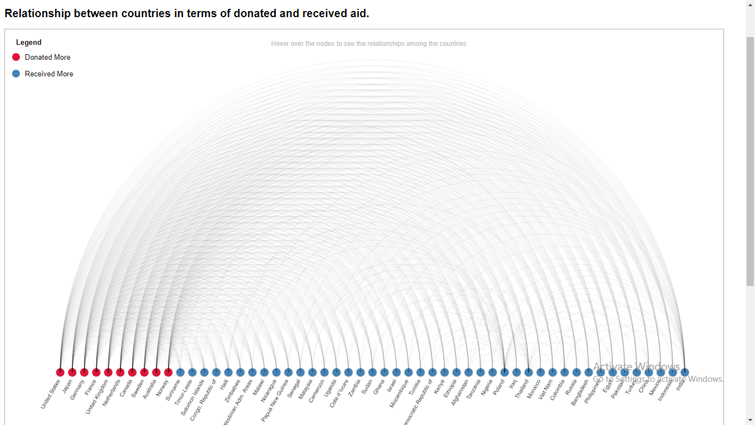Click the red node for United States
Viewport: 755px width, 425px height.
(60, 372)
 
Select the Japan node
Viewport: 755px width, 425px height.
(72, 372)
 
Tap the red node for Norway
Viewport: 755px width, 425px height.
(168, 372)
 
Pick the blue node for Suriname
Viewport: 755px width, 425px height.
(180, 372)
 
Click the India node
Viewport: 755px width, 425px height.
(685, 372)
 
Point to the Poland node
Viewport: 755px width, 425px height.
(505, 372)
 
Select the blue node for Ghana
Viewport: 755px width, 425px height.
(384, 372)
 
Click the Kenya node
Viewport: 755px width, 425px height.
(444, 372)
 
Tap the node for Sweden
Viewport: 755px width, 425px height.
(144, 372)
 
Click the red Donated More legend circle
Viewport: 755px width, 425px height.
(16, 57)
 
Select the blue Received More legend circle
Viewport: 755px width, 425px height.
(16, 74)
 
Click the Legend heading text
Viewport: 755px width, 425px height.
(29, 43)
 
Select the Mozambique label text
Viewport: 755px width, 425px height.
(399, 394)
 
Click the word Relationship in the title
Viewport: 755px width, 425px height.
(38, 13)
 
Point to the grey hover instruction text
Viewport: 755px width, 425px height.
(369, 44)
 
